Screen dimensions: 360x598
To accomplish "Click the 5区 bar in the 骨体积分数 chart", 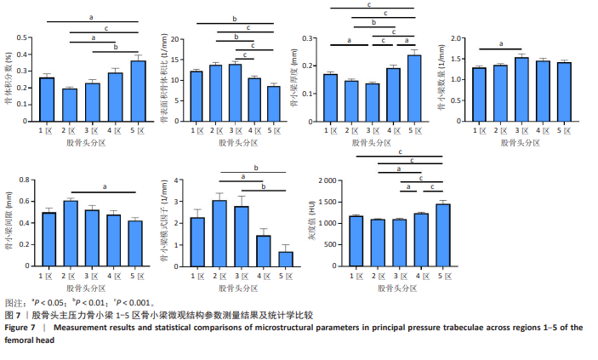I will click(139, 92).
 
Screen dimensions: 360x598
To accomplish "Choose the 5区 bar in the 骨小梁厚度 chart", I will click(413, 89).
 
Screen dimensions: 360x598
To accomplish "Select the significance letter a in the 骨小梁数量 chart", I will click(501, 45).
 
